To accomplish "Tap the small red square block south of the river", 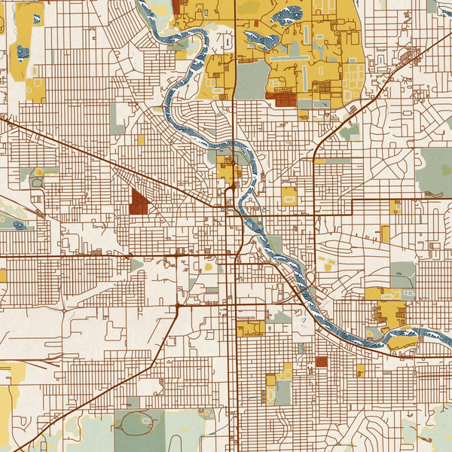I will [321, 362].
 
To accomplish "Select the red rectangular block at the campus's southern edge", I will [284, 99].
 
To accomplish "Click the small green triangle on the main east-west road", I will [136, 264].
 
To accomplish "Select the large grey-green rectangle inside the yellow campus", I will [253, 79].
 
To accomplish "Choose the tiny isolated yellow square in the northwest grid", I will [141, 139].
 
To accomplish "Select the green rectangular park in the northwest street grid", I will [118, 119].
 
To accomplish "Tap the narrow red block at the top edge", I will [176, 8].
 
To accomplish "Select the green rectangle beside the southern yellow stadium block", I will [283, 392].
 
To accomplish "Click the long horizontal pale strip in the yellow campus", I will [286, 56].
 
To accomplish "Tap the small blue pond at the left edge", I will [17, 224].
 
